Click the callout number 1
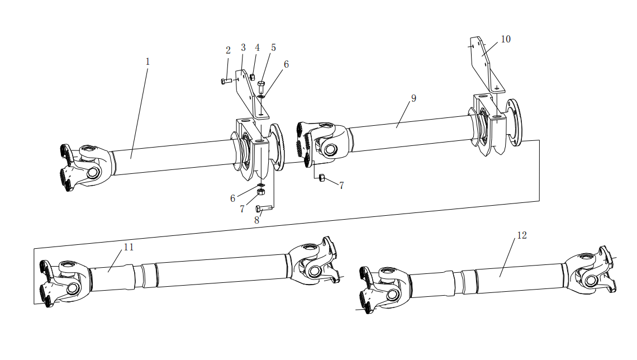(x=148, y=61)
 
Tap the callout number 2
(x=228, y=50)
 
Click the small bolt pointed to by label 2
(x=226, y=81)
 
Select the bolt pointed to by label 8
(x=263, y=209)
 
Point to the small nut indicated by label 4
(x=252, y=77)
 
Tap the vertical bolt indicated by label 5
(x=261, y=87)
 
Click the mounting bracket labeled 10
(x=486, y=64)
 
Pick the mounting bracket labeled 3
(x=251, y=94)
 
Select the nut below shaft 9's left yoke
(x=322, y=177)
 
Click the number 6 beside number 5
(x=287, y=65)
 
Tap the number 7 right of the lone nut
(x=341, y=186)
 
